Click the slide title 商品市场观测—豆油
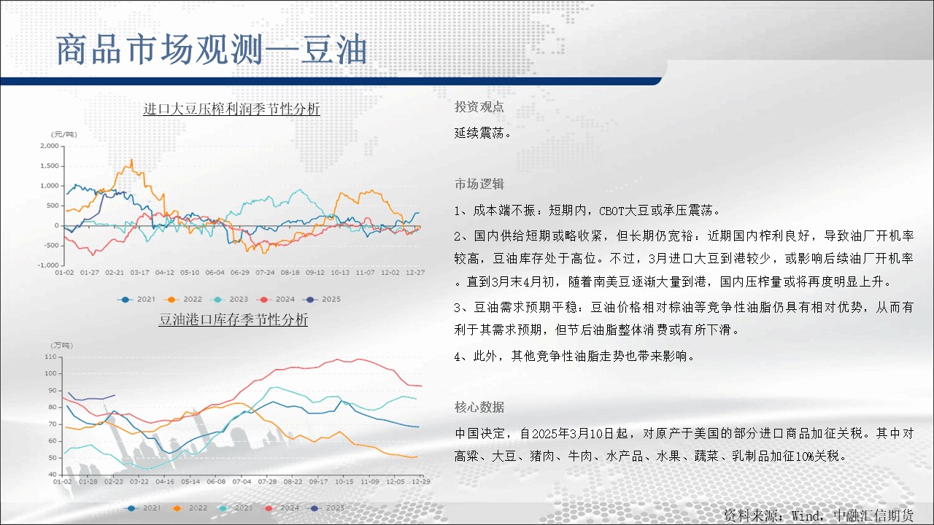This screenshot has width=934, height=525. click(212, 50)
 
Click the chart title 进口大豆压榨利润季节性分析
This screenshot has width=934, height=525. click(231, 109)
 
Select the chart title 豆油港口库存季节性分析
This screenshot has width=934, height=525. click(233, 319)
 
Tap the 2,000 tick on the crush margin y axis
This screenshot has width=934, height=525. click(50, 146)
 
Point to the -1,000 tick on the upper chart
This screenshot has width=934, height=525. click(48, 265)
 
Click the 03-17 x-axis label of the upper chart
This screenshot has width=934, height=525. click(139, 273)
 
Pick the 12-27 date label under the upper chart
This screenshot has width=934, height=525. click(415, 273)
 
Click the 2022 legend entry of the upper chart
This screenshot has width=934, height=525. click(183, 299)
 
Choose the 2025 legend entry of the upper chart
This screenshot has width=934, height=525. click(323, 299)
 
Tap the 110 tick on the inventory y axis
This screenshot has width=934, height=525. click(50, 357)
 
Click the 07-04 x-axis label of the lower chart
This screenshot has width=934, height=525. click(242, 482)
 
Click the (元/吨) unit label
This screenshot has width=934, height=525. click(63, 134)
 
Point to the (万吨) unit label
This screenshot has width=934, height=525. click(62, 346)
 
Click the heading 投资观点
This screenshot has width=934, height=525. click(479, 107)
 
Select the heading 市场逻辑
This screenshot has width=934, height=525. click(479, 184)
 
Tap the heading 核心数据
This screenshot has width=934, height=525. click(479, 407)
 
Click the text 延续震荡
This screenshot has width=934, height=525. click(482, 133)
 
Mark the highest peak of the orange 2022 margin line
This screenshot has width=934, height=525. click(132, 159)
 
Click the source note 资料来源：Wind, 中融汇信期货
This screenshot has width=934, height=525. click(818, 516)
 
